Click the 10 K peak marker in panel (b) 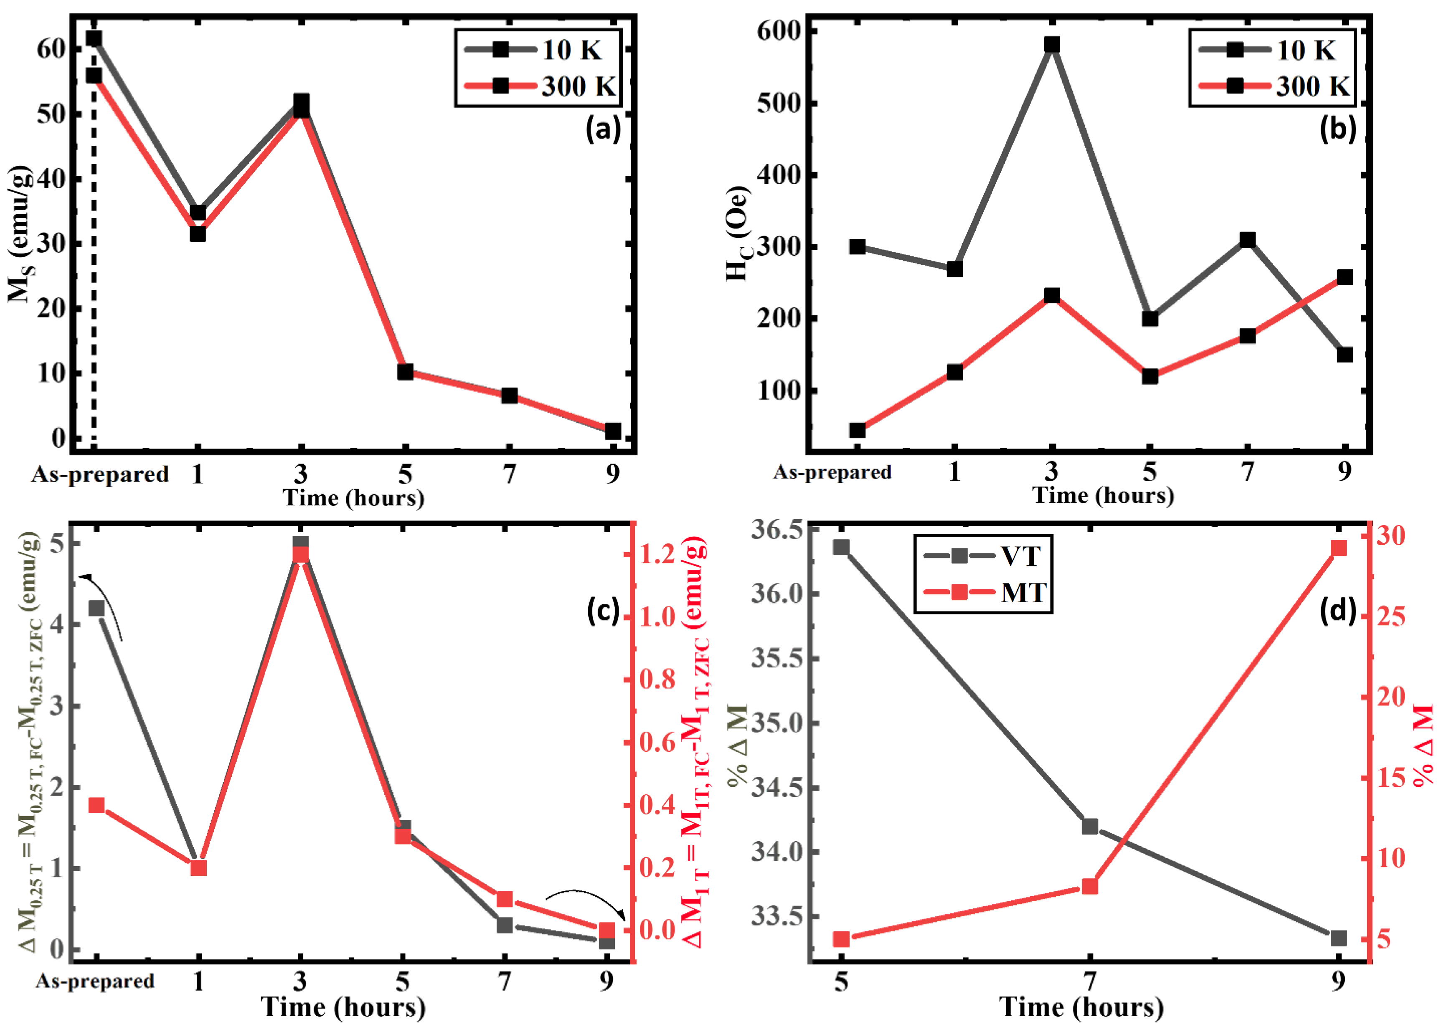(x=1052, y=45)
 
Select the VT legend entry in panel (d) (x=982, y=556)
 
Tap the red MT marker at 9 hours (x=1338, y=548)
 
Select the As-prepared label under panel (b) (x=832, y=472)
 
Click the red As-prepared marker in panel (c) (x=96, y=806)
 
